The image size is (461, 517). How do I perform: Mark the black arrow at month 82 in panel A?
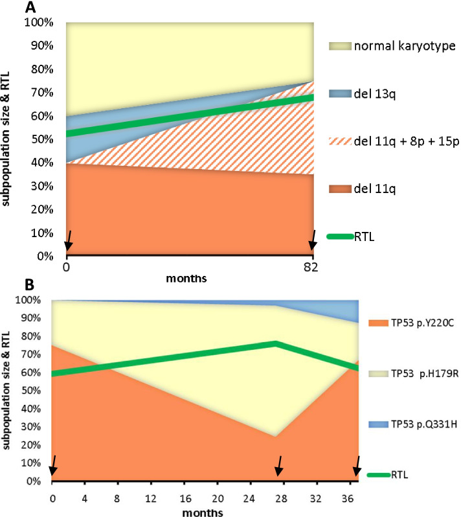[x=313, y=240]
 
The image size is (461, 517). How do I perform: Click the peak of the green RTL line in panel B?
[x=276, y=343]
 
